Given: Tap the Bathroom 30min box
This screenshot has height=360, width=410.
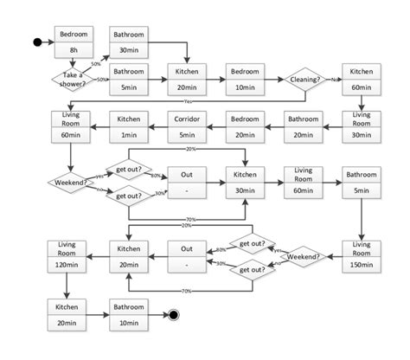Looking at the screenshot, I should [x=128, y=41].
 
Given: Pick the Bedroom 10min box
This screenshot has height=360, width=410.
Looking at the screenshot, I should [x=244, y=79].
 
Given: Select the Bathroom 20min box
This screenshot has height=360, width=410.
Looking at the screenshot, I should [x=303, y=124].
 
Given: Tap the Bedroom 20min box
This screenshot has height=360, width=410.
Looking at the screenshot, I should [x=244, y=124].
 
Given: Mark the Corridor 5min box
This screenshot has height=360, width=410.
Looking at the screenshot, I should [x=186, y=124].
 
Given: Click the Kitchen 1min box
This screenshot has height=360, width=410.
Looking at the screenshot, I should [x=128, y=124].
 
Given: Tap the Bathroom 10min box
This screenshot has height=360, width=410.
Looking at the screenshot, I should [x=128, y=314].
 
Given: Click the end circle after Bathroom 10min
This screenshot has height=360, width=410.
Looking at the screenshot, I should [x=174, y=315].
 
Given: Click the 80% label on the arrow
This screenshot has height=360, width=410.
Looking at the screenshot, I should [x=157, y=176].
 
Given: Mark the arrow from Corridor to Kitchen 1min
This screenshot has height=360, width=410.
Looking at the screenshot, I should [x=157, y=124].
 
